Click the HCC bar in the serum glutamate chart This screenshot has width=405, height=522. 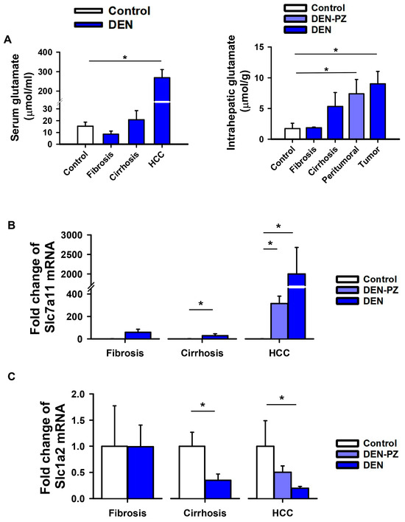click(x=162, y=111)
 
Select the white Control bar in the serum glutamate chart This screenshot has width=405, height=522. click(x=85, y=135)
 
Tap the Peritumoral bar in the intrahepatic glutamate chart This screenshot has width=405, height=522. click(x=356, y=116)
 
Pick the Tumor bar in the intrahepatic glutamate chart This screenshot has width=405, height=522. click(x=378, y=111)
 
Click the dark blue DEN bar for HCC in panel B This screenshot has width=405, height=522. click(x=297, y=306)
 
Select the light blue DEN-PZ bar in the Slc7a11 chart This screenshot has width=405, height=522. click(x=279, y=321)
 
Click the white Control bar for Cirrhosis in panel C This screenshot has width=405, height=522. click(x=192, y=472)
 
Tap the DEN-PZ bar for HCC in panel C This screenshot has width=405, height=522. click(x=283, y=485)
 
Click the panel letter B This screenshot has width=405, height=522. click(x=11, y=226)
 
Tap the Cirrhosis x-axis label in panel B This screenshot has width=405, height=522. click(x=202, y=353)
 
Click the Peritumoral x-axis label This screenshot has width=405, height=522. click(x=340, y=164)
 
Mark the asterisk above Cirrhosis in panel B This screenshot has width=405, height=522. click(x=201, y=303)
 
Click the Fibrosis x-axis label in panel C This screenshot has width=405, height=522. click(x=127, y=513)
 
